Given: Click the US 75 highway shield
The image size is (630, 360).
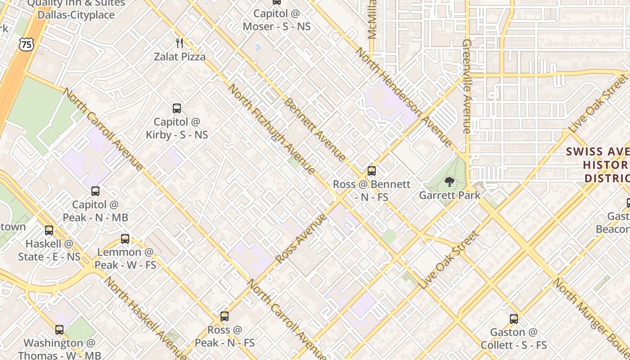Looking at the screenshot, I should pos(26,44).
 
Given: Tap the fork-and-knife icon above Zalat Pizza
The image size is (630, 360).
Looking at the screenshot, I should pos(180,43).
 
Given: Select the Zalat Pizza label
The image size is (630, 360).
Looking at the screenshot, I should pos(180,57).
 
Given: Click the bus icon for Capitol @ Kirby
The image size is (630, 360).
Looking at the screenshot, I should pos(177,108).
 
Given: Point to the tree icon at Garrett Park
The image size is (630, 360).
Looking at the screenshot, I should pos(449,182).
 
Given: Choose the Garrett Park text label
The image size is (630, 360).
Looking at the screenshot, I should pos(450,195).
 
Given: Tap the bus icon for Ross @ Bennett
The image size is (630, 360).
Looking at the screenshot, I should pos(372,171).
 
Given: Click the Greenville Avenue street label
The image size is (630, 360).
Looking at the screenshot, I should pos(467,86).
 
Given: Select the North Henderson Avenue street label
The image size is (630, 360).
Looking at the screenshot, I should pos(404,97).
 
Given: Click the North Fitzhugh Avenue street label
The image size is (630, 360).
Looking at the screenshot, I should pos(271,129).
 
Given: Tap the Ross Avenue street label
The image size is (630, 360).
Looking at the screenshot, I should pos(301,238).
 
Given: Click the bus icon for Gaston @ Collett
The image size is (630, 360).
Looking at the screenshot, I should pos(514,319).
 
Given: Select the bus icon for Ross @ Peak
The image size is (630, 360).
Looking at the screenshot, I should pos(225,316).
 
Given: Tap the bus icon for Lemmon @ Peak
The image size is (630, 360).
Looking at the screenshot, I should pos(125,239).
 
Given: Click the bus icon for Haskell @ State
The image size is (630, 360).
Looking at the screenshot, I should pos(49,230).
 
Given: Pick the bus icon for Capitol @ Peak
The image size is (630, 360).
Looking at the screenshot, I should pos(95,191).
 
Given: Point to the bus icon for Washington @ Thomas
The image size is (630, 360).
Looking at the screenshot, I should pos(59,330).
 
